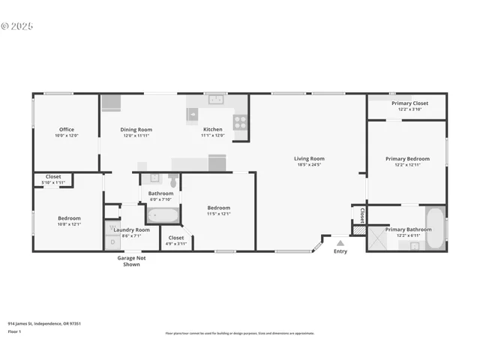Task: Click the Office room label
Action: tap(66, 129)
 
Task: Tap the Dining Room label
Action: tap(136, 129)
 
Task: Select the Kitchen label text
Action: tap(212, 129)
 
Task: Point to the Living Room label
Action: tap(308, 158)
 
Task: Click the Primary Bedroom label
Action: tap(407, 158)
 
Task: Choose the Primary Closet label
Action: tap(409, 103)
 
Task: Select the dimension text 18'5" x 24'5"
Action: tap(308, 164)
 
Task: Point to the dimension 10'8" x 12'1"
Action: tap(69, 224)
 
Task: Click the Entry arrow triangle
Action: tap(340, 243)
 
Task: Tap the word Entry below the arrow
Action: tap(340, 251)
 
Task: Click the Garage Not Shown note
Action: tap(131, 261)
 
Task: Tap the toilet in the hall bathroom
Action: tap(172, 181)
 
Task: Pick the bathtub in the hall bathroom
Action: tap(163, 215)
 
